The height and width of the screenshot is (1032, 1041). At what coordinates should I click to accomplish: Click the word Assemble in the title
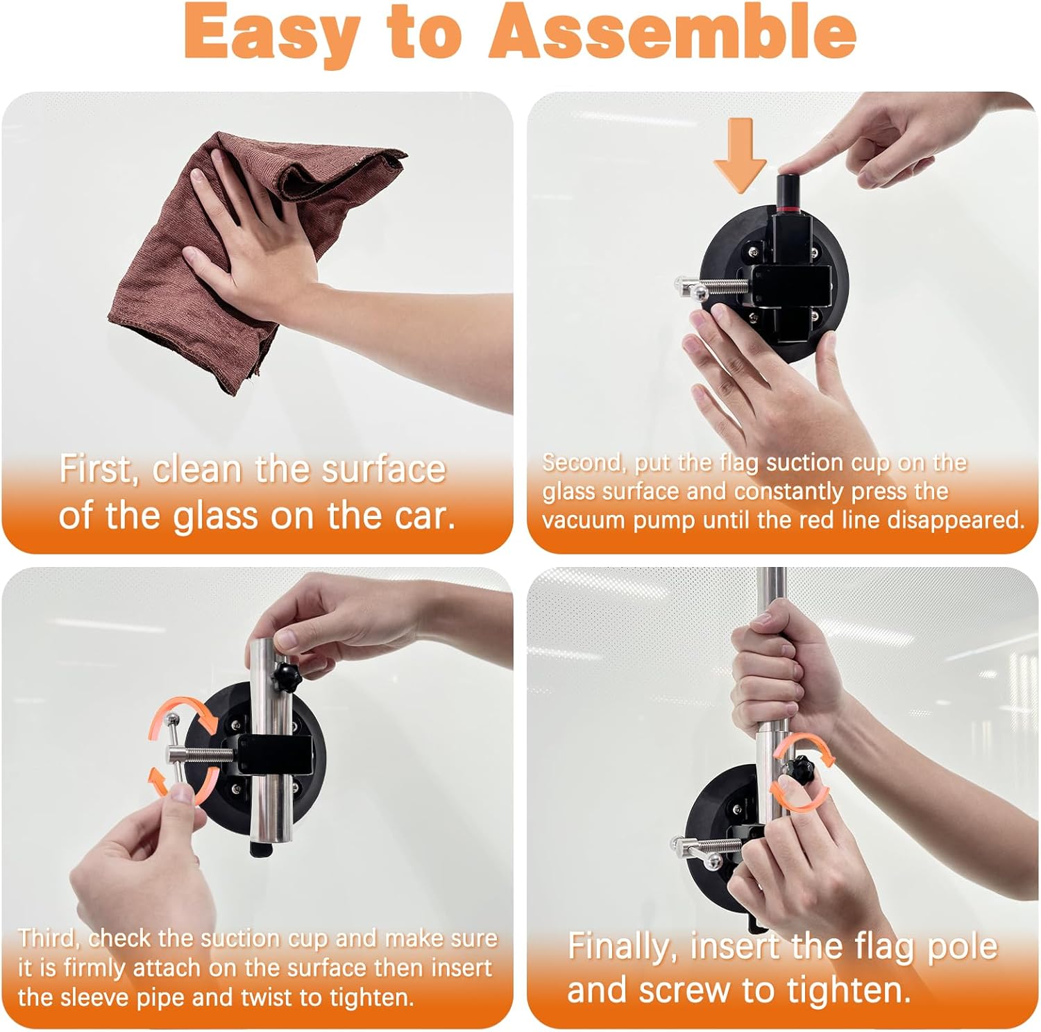click(672, 33)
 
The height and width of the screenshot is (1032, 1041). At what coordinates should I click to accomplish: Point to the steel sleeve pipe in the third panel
click(271, 743)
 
